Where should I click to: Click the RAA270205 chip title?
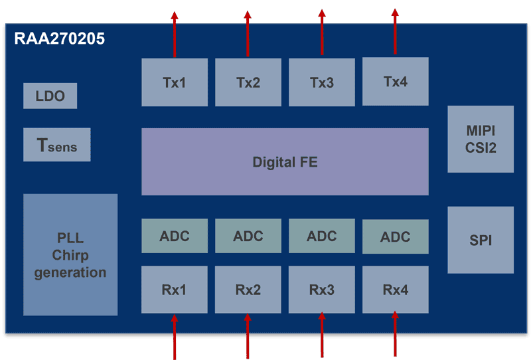click(x=60, y=39)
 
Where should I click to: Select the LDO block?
click(x=50, y=96)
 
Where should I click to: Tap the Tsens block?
click(x=56, y=145)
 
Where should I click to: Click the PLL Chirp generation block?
click(x=70, y=254)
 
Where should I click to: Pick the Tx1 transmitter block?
click(x=175, y=82)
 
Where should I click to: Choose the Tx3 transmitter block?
click(x=322, y=82)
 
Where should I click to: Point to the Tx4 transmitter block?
click(x=396, y=82)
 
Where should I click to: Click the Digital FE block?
click(x=285, y=161)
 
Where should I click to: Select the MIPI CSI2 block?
click(x=481, y=139)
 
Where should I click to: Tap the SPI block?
click(x=481, y=240)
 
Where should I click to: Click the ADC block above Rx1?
click(x=175, y=236)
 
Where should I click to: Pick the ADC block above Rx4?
click(x=396, y=236)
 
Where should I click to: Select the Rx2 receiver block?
click(x=248, y=290)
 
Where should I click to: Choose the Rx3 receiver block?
click(x=322, y=290)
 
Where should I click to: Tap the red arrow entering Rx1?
click(x=175, y=335)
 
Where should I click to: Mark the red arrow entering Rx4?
click(x=395, y=334)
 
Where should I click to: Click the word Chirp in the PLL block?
click(x=70, y=255)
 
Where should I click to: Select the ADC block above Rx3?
click(x=322, y=236)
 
